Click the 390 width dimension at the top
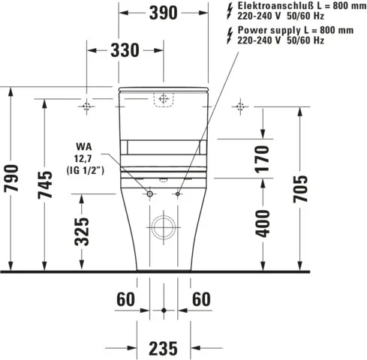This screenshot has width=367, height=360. coord(163,13)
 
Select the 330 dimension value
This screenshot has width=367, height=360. coord(125,50)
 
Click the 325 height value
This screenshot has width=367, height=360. coord(83,231)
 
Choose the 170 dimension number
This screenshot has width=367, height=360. coord(262,160)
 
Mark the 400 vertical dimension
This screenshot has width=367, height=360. coord(262,222)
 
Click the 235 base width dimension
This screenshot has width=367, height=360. coord(163,347)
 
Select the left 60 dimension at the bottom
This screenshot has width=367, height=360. coord(125,299)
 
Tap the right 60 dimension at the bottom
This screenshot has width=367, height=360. coord(200,299)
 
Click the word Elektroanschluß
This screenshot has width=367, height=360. coord(263,6)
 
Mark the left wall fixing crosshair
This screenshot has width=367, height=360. coord(87,106)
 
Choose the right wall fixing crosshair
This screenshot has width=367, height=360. coord(240,106)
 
